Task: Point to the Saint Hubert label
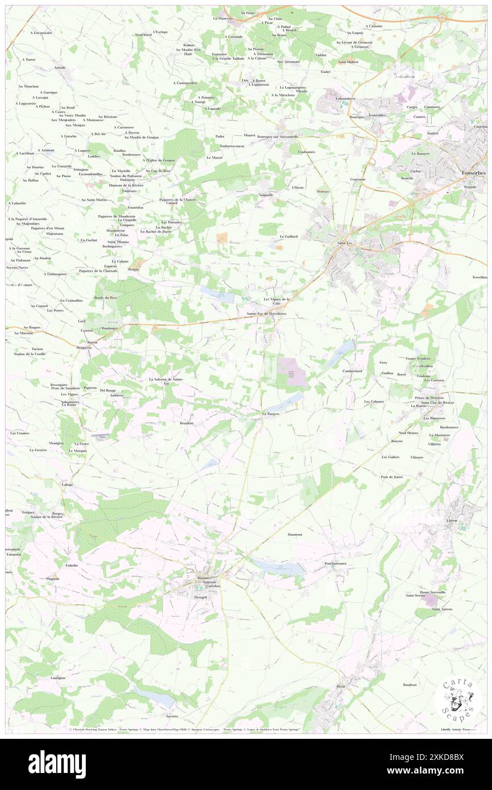tap(348, 61)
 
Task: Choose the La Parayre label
tap(272, 414)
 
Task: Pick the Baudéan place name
tap(410, 684)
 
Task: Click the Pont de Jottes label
tap(391, 476)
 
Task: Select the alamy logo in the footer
tap(57, 764)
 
